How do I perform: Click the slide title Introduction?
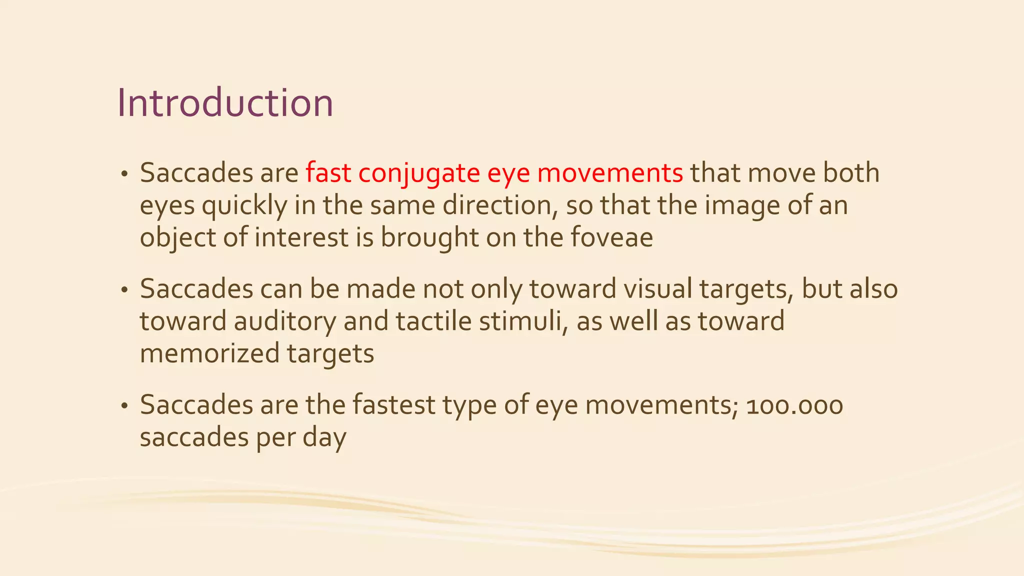[x=225, y=103]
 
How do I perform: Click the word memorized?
[x=209, y=353]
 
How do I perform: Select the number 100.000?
[x=794, y=405]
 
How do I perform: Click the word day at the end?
[x=324, y=438]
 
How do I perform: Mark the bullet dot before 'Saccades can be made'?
[x=124, y=290]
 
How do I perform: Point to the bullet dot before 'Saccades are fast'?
[x=124, y=174]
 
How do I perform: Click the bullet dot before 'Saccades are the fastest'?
[x=124, y=406]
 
